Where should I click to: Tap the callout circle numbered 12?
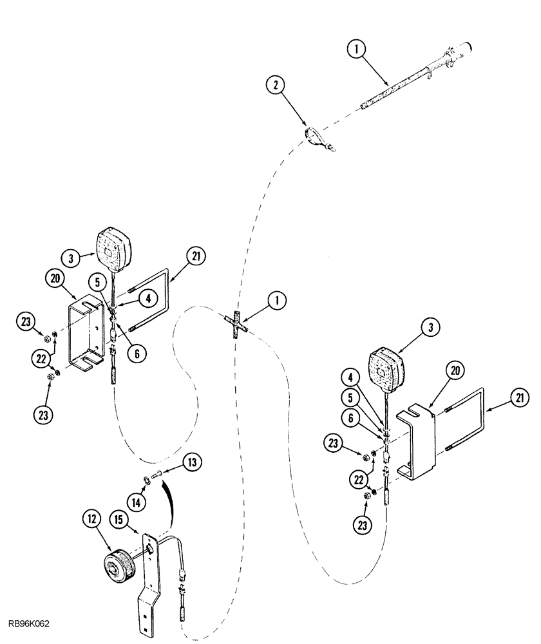pyautogui.click(x=90, y=520)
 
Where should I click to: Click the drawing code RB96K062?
pyautogui.click(x=30, y=623)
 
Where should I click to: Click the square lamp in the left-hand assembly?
pyautogui.click(x=113, y=248)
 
